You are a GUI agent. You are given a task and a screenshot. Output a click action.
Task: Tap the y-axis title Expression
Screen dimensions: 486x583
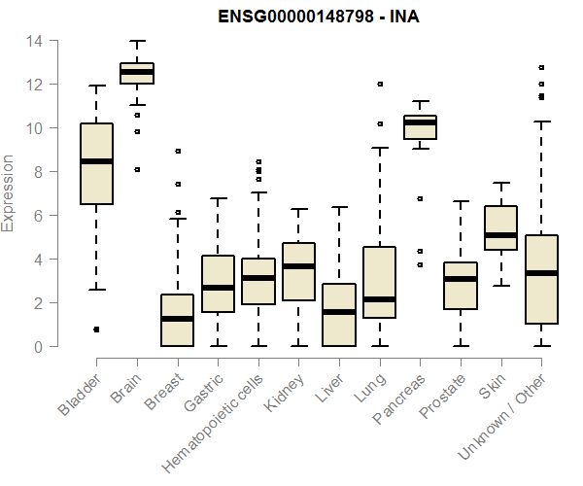click(10, 193)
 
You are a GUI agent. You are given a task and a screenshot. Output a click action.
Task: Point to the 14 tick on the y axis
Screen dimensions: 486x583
click(35, 42)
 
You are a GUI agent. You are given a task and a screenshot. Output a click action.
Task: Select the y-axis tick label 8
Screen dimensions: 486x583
click(35, 172)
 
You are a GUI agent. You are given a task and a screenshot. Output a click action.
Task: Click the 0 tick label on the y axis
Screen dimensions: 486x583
click(35, 346)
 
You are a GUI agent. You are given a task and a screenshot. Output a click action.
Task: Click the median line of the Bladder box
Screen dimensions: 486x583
click(96, 161)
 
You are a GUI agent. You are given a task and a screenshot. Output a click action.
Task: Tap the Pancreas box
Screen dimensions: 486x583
click(420, 127)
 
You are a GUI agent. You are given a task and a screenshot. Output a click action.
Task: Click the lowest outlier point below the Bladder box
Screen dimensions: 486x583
click(96, 330)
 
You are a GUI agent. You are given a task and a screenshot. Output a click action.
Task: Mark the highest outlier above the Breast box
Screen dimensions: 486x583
click(177, 152)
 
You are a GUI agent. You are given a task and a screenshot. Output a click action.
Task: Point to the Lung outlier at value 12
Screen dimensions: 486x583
click(380, 85)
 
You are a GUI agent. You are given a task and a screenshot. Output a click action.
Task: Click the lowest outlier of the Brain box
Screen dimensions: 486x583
click(137, 169)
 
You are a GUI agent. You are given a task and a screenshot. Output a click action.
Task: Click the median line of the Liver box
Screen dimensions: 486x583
click(339, 312)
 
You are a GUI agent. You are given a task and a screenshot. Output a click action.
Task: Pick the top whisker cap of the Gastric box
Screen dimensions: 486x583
click(218, 198)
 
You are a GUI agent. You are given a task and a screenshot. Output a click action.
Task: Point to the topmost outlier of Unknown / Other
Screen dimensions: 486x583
click(541, 68)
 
